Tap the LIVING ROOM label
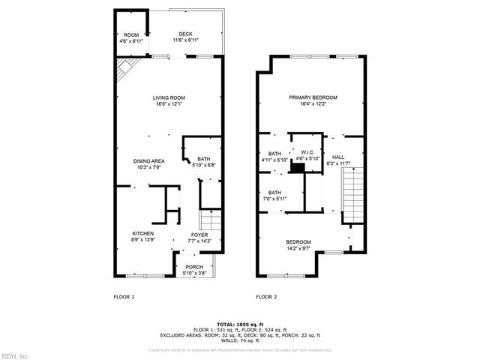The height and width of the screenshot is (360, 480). pyautogui.click(x=169, y=98)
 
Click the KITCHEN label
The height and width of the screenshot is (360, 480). pyautogui.click(x=143, y=233)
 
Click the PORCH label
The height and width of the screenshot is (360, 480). pyautogui.click(x=194, y=268)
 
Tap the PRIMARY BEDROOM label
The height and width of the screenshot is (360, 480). pyautogui.click(x=313, y=98)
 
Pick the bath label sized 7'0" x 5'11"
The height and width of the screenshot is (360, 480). pyautogui.click(x=275, y=192)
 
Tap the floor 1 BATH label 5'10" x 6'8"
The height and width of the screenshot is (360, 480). pyautogui.click(x=204, y=160)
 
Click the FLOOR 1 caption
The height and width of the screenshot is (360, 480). pyautogui.click(x=124, y=297)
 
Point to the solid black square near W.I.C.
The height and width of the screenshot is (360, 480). pyautogui.click(x=298, y=169)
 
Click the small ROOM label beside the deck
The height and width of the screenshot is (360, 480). pyautogui.click(x=131, y=35)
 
